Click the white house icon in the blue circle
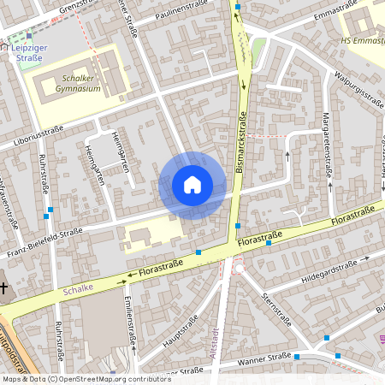point(192,184)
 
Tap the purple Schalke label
point(76,291)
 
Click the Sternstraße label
point(278,313)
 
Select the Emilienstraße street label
point(129,317)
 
